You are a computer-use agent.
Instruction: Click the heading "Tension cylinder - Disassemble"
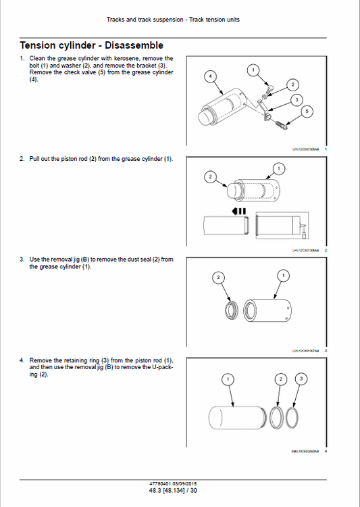click(x=91, y=45)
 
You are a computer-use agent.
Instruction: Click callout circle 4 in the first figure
click(x=211, y=77)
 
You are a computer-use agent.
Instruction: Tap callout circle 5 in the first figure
click(x=307, y=111)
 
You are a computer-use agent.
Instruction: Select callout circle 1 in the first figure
click(x=253, y=70)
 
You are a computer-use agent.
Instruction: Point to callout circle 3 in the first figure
click(x=297, y=99)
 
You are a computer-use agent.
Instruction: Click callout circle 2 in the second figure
click(x=210, y=177)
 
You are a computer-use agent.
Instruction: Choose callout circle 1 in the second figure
click(x=277, y=168)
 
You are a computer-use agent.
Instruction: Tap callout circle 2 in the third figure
click(x=218, y=278)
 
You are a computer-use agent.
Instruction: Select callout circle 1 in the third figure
click(x=283, y=275)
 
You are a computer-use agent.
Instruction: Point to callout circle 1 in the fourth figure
click(x=228, y=379)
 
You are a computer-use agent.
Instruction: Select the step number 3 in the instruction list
click(x=22, y=259)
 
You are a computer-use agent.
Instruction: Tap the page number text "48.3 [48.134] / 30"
click(x=173, y=489)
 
